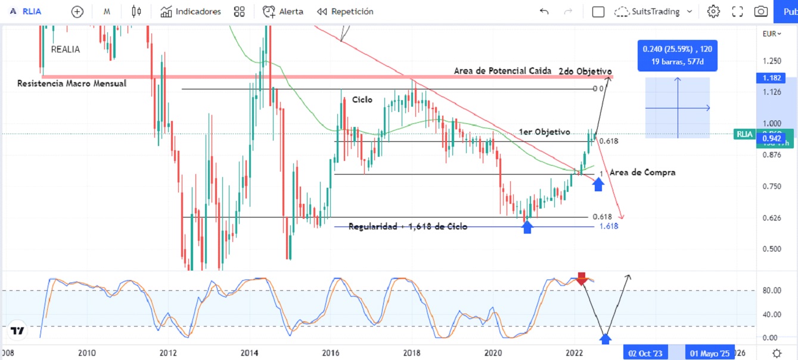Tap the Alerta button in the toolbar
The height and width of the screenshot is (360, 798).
click(x=283, y=11)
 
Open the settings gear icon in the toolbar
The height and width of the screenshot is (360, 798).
click(x=713, y=11)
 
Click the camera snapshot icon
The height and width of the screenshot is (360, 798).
click(x=760, y=11)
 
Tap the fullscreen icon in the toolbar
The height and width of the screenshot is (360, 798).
click(x=737, y=11)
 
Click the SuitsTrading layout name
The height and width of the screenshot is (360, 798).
click(x=654, y=11)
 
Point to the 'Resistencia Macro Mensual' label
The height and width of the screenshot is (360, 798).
click(x=72, y=83)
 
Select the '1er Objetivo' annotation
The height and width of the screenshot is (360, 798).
click(x=544, y=132)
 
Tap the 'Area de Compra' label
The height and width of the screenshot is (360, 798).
click(x=642, y=172)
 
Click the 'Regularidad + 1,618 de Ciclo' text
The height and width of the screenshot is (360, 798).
click(x=408, y=226)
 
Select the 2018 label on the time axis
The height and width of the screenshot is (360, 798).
click(x=412, y=353)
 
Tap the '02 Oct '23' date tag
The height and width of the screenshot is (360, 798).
click(x=645, y=353)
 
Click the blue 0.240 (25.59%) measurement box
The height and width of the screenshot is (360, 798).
click(x=677, y=55)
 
